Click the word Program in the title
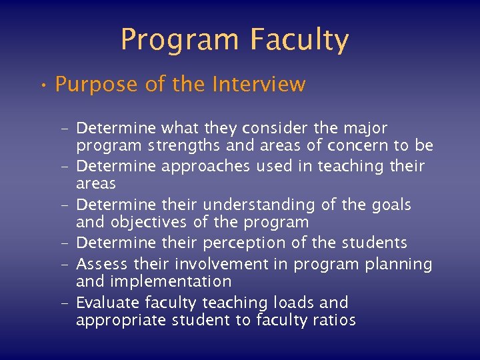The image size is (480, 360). tap(181, 40)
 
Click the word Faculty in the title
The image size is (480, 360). tap(299, 40)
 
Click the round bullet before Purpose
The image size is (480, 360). tap(42, 85)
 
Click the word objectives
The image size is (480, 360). tap(154, 222)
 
